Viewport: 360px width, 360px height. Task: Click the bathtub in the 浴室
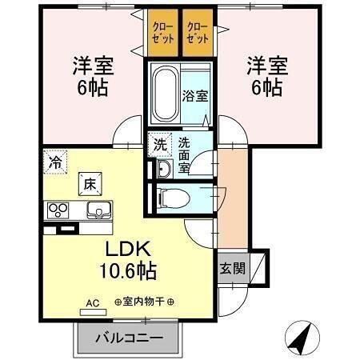point(165,94)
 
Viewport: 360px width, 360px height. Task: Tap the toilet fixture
point(171,197)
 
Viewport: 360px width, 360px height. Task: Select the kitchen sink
point(99,210)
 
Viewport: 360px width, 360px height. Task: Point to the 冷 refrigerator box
point(54,159)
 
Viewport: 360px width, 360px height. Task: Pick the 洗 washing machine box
point(161,146)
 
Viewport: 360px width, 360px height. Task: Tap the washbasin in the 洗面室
point(163,169)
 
